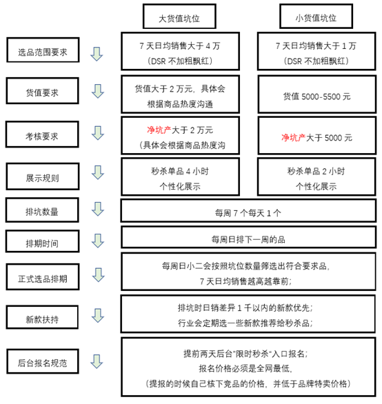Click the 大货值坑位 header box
tap(179, 17)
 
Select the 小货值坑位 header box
tap(316, 17)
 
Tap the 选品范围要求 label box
tap(43, 50)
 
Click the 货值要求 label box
tap(43, 91)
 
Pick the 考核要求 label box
tap(42, 134)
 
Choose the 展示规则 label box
tap(43, 176)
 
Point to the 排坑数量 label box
tap(42, 210)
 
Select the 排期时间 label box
tap(43, 241)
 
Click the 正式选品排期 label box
tap(43, 276)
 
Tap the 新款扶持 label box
tap(42, 317)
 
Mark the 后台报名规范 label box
tap(43, 361)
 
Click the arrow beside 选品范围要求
tap(97, 54)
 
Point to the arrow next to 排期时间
tap(98, 241)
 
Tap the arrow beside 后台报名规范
tap(97, 361)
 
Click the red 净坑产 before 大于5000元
tap(293, 138)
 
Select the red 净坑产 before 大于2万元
tap(159, 130)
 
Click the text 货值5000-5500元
tap(316, 97)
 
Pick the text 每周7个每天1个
tap(248, 213)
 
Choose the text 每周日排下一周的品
tap(248, 240)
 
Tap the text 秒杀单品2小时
tap(316, 171)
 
